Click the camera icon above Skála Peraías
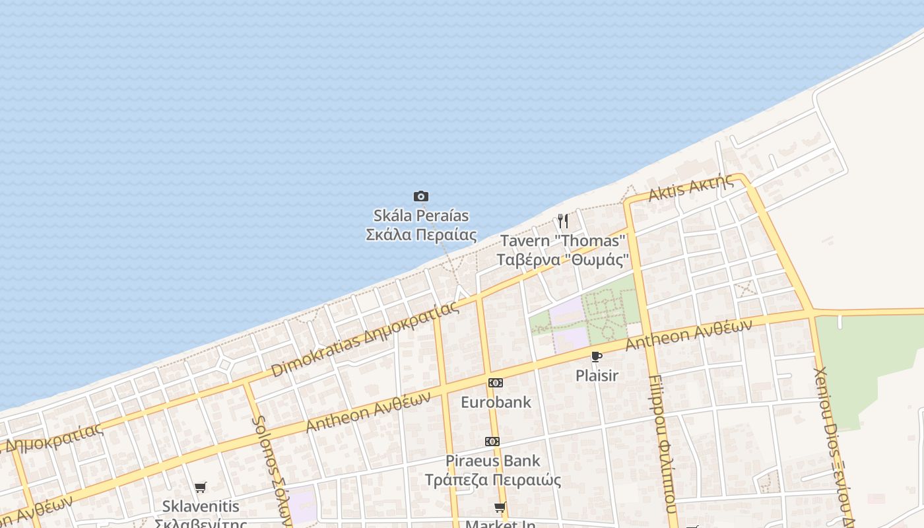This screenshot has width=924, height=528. coord(421,196)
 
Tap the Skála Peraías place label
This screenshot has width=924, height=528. coord(421,225)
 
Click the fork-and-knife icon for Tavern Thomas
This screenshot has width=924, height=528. coord(562,220)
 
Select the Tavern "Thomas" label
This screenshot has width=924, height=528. coord(562,250)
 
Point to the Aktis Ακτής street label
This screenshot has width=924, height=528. coord(691,188)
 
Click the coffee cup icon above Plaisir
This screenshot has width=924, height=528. coord(597,357)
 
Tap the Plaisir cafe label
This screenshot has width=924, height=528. coord(597,376)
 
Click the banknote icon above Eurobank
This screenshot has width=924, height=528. coord(495,383)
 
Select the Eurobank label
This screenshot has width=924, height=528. coord(496,401)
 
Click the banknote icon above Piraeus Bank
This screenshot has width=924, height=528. coord(492,441)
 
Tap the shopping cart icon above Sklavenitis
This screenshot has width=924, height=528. coord(200,487)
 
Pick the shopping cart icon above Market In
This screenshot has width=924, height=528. coord(500,507)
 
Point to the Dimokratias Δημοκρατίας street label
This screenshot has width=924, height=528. coord(364,340)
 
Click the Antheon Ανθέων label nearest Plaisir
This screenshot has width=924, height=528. coord(688,335)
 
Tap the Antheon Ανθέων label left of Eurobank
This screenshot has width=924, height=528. coord(368,411)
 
